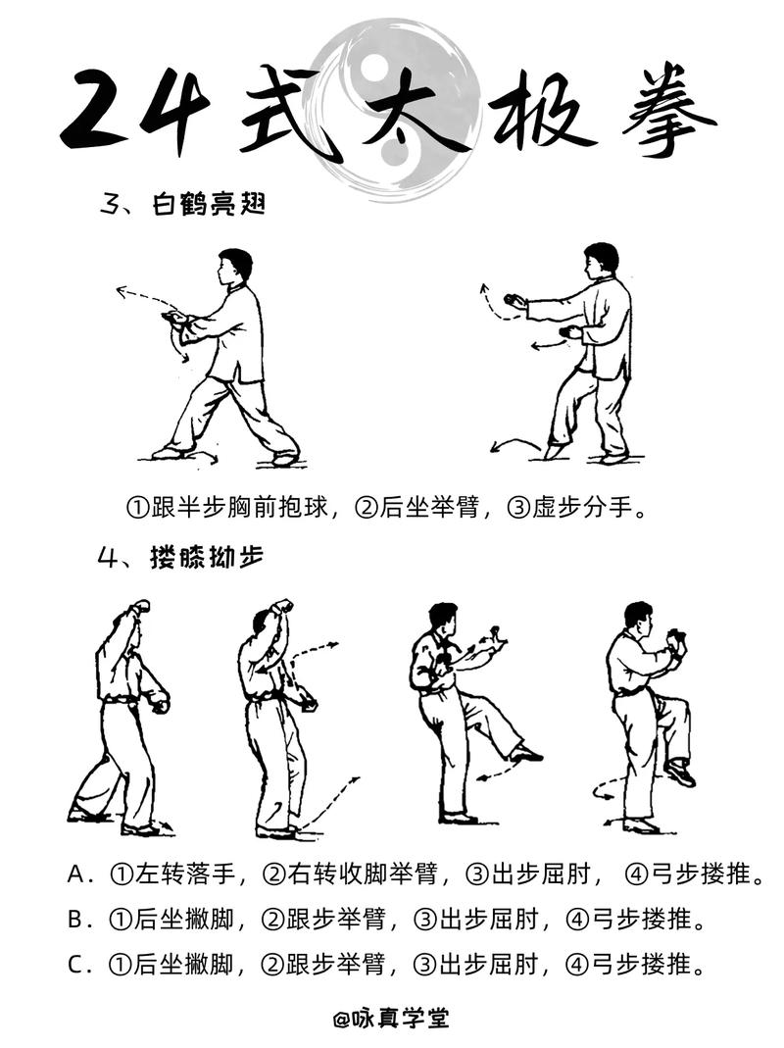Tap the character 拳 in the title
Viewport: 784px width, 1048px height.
coord(668,110)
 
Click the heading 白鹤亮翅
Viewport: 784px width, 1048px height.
coord(209,204)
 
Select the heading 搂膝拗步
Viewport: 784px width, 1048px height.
coord(207,556)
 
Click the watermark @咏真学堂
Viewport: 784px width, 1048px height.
coord(391,1018)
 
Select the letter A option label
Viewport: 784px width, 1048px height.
coord(76,873)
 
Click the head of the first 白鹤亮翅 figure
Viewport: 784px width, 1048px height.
coord(234,267)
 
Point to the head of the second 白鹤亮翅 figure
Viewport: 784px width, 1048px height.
coord(600,261)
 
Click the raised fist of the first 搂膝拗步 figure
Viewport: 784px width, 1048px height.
coord(141,607)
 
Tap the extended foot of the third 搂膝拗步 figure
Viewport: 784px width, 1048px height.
coord(525,754)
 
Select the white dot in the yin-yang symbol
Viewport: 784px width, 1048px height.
coord(375,66)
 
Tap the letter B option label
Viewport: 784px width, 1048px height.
coord(76,920)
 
